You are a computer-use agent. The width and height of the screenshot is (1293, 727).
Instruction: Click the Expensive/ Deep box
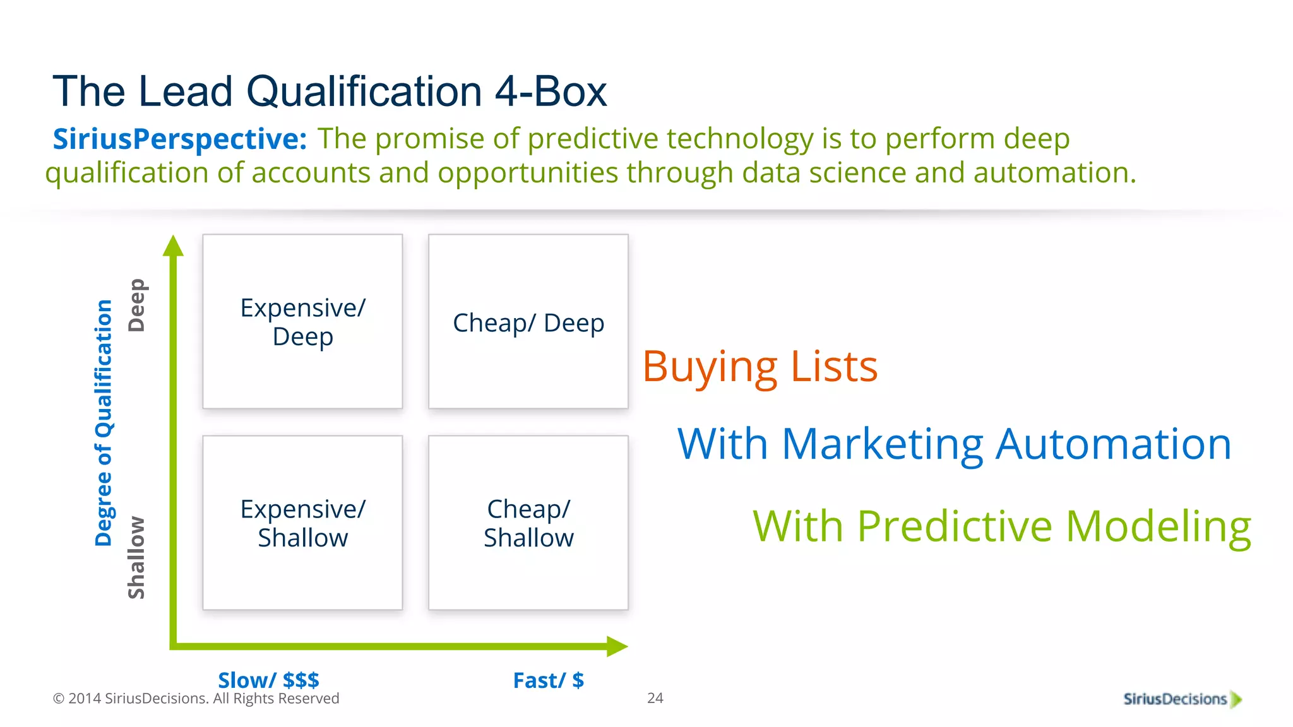pyautogui.click(x=302, y=322)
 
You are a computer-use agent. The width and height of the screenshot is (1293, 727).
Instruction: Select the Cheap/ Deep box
pyautogui.click(x=528, y=322)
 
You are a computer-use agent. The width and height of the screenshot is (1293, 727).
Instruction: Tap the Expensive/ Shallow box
pyautogui.click(x=302, y=523)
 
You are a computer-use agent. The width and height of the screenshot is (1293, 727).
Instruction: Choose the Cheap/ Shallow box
pyautogui.click(x=528, y=523)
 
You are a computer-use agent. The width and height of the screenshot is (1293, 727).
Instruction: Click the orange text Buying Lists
pyautogui.click(x=760, y=367)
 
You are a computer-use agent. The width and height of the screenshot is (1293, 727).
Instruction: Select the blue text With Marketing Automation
pyautogui.click(x=954, y=444)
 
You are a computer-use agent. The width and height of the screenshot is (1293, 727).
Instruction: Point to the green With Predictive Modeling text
pyautogui.click(x=1001, y=526)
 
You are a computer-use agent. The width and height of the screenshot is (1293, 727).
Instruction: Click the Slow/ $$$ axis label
pyautogui.click(x=268, y=680)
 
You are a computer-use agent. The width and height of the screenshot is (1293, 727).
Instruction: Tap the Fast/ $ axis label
pyautogui.click(x=548, y=680)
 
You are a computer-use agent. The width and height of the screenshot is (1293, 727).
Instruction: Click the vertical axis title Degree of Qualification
pyautogui.click(x=104, y=422)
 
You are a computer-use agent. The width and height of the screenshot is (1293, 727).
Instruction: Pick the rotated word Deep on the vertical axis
pyautogui.click(x=136, y=305)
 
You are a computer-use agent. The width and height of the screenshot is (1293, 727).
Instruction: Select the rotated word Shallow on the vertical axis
pyautogui.click(x=136, y=558)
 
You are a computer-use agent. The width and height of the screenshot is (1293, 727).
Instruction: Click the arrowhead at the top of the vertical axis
pyautogui.click(x=174, y=246)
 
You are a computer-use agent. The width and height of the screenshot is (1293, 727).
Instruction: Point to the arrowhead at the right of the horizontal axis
pyautogui.click(x=616, y=646)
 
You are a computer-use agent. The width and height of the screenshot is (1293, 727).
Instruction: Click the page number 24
pyautogui.click(x=655, y=698)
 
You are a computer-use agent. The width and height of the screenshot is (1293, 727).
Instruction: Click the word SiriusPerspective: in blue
pyautogui.click(x=179, y=139)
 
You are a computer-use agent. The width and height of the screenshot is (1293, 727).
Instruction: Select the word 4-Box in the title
pyautogui.click(x=550, y=92)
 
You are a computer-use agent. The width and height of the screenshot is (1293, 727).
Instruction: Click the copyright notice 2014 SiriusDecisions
pyautogui.click(x=196, y=699)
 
